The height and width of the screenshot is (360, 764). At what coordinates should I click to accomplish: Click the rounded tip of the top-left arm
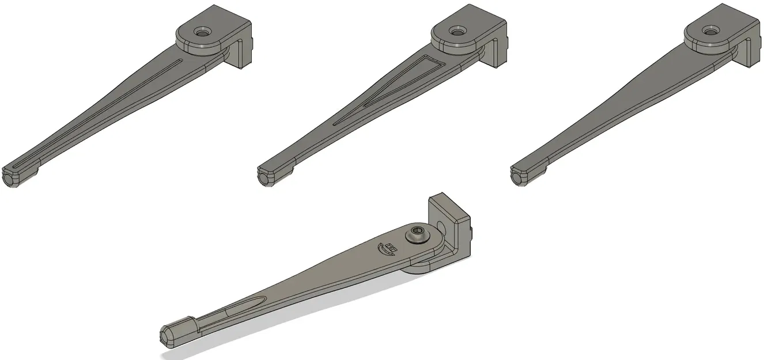coord(11,179)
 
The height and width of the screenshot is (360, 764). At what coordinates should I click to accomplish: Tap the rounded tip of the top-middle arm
coord(266,178)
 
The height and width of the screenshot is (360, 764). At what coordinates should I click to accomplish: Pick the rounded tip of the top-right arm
coord(519,177)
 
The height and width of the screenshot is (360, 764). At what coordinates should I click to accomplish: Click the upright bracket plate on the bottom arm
coord(455,225)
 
